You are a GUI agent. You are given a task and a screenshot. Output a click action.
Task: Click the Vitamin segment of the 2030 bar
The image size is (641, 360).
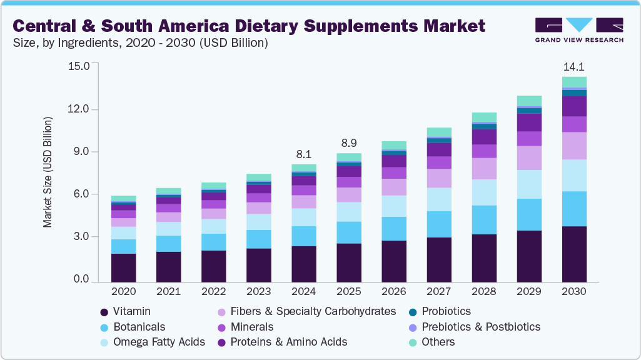pyautogui.click(x=573, y=254)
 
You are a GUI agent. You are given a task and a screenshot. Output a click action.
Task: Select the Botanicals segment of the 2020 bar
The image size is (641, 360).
pyautogui.click(x=124, y=246)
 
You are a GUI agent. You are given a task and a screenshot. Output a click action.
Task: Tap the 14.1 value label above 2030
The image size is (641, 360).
pyautogui.click(x=573, y=67)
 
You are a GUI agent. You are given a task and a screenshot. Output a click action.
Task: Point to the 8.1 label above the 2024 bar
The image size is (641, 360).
pyautogui.click(x=303, y=154)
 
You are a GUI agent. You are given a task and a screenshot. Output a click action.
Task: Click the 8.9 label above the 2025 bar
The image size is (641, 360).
pyautogui.click(x=348, y=143)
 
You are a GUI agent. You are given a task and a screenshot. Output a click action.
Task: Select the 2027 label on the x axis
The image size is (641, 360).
pyautogui.click(x=438, y=291)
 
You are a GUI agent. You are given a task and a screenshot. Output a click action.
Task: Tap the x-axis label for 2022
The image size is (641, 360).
pyautogui.click(x=213, y=291)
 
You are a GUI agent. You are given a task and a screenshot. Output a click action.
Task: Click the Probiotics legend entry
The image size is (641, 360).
pyautogui.click(x=446, y=311)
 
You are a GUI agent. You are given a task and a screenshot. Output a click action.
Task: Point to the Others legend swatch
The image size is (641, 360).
pyautogui.click(x=412, y=342)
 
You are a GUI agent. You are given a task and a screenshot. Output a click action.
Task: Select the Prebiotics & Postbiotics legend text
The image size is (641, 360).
pyautogui.click(x=481, y=327)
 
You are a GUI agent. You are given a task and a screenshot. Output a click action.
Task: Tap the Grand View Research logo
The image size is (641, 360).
pyautogui.click(x=579, y=29)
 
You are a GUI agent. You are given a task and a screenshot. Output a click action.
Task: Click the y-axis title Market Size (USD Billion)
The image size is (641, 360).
pyautogui.click(x=48, y=172)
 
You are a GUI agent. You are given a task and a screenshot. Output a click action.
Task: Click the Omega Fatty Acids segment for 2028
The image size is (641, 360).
pyautogui.click(x=483, y=192)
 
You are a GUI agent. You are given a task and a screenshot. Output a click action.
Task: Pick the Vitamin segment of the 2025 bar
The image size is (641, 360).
pyautogui.click(x=348, y=262)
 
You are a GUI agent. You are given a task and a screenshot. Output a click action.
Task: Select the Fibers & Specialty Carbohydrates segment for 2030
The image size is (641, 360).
pyautogui.click(x=573, y=146)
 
